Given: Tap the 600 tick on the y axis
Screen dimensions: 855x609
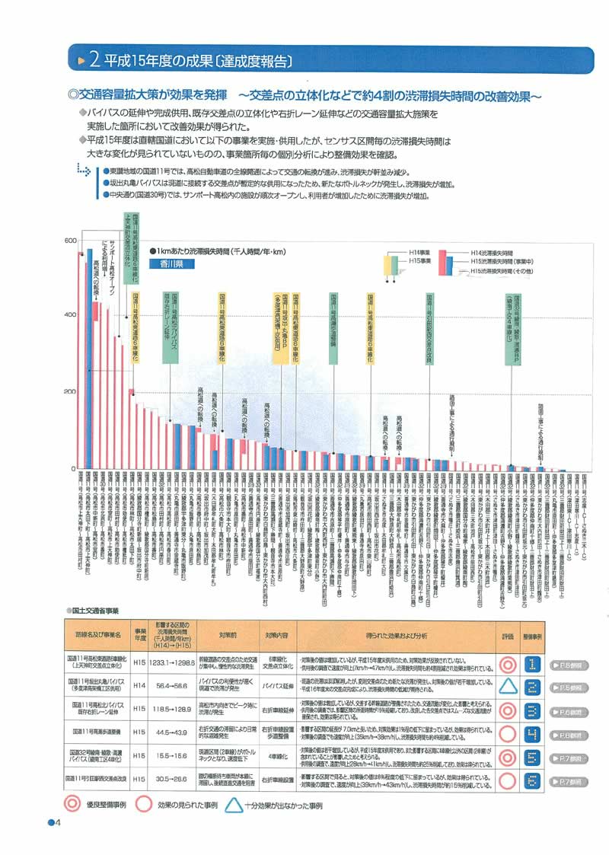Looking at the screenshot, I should click(x=70, y=241).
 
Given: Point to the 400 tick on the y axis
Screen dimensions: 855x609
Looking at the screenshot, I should click(x=70, y=315).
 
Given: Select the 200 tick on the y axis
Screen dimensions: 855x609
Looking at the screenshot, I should click(x=70, y=392).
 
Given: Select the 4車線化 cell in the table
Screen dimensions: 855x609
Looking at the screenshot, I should click(x=276, y=756).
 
